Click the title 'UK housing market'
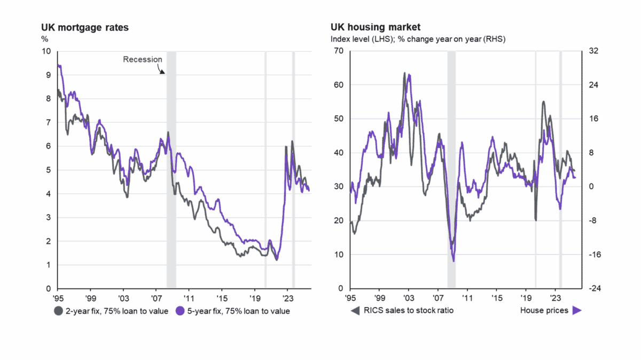click(x=369, y=27)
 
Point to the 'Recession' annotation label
click(x=142, y=59)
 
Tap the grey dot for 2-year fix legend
click(x=58, y=311)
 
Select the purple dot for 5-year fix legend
click(x=179, y=311)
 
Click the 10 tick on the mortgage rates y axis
click(x=46, y=51)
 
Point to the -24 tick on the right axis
click(x=593, y=288)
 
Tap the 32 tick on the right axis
click(x=591, y=51)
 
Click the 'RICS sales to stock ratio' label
click(x=409, y=310)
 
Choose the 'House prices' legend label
click(x=544, y=310)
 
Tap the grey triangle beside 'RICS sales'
click(x=355, y=310)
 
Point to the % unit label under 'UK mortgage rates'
click(x=45, y=38)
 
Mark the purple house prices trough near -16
click(x=454, y=261)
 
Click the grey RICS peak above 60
click(x=404, y=73)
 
